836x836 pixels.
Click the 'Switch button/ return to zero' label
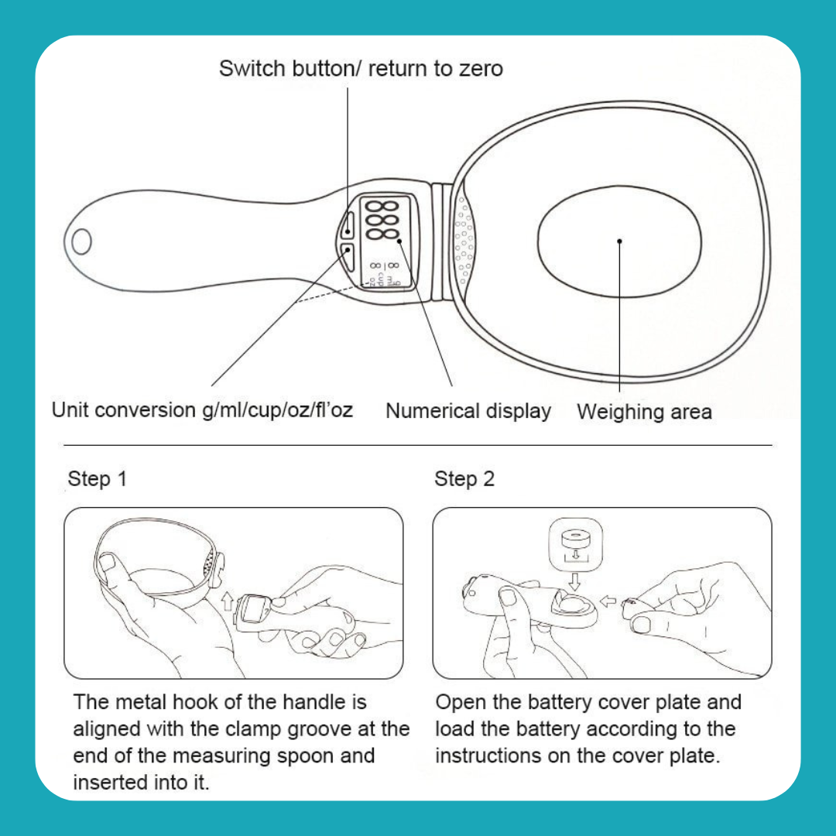[361, 69]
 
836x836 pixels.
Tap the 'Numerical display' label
[468, 412]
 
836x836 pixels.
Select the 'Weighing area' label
[644, 412]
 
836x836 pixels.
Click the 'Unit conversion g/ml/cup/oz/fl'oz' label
[202, 410]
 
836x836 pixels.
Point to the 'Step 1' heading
[97, 479]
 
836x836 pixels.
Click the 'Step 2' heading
[464, 479]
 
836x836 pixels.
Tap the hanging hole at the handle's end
[81, 242]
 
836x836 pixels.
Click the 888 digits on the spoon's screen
[382, 220]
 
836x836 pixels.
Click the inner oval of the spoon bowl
[619, 242]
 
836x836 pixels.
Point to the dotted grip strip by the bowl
[463, 241]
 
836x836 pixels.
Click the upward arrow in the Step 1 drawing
[228, 601]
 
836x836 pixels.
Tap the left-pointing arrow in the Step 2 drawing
[608, 601]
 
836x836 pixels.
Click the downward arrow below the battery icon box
[574, 582]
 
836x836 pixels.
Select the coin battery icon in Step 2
[575, 539]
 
